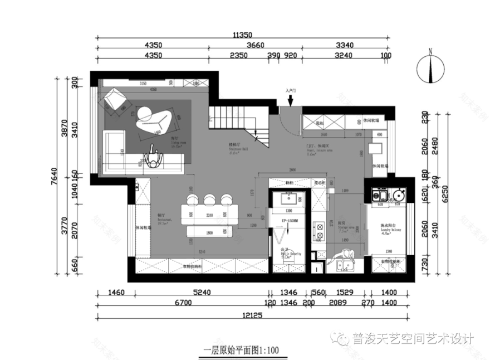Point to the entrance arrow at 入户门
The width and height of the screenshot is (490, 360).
291,100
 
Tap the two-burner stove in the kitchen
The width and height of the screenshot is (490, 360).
321,230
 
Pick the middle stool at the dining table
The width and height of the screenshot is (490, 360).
210,200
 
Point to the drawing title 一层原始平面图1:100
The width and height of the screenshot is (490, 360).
241,351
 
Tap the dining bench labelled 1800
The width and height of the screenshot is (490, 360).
208,232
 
